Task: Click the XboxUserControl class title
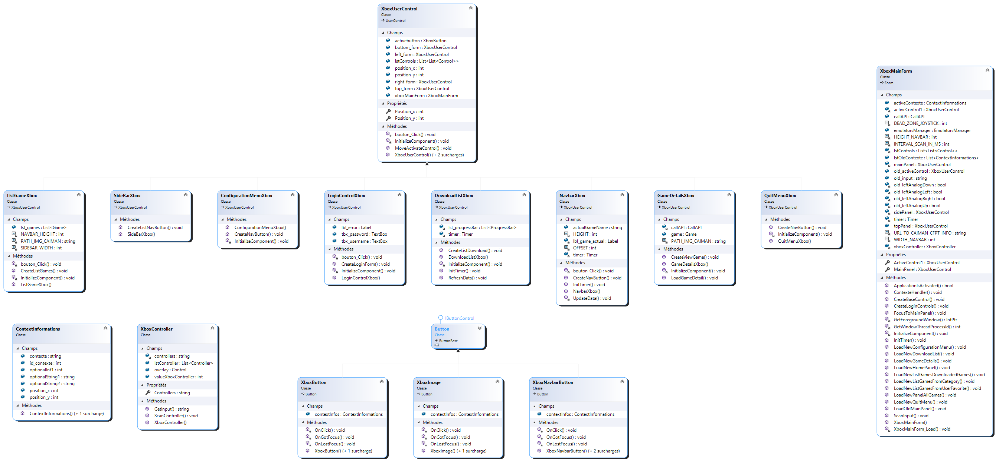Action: pos(399,9)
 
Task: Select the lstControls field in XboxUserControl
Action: pos(426,61)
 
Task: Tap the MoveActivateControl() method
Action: pos(422,148)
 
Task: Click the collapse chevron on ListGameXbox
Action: pos(79,195)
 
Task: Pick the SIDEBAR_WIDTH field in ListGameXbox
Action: pos(41,248)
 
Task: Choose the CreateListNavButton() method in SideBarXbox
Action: pos(155,228)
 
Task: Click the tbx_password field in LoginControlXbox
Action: pos(364,234)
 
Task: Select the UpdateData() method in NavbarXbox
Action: pos(592,298)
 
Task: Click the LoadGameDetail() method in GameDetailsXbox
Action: pos(694,278)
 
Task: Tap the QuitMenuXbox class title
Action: pos(780,196)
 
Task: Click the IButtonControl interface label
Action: pos(459,319)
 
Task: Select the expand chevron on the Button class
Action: pos(480,328)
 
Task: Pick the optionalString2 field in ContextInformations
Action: pos(52,384)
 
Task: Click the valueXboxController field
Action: pos(178,377)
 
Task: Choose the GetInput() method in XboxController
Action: pos(171,409)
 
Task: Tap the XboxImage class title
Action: pos(428,382)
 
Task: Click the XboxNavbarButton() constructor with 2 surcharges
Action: pos(583,451)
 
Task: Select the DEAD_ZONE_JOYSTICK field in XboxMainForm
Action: pos(920,123)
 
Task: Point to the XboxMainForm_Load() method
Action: pos(922,430)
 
